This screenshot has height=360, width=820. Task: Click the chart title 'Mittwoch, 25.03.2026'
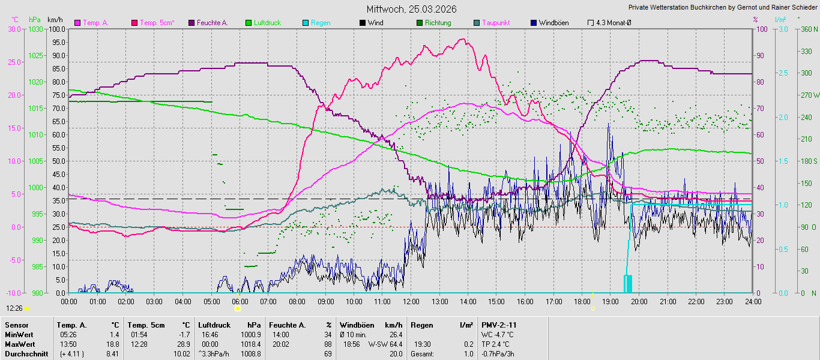coord(412,9)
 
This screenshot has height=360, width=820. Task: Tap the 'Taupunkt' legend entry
coord(496,23)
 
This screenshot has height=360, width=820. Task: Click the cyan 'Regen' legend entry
coord(320,23)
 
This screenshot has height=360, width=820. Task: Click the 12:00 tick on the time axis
coord(411,301)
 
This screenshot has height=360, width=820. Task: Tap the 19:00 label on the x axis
coord(610,301)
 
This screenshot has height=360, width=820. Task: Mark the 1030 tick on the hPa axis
coord(35,29)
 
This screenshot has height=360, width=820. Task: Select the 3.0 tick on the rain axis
coord(783,29)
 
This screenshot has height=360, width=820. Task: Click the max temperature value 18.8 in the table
coord(113,344)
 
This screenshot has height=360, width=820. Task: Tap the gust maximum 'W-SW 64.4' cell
coord(385,344)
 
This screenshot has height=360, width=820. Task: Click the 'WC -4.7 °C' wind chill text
coord(498,334)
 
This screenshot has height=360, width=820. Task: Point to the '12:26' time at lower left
coord(14,308)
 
